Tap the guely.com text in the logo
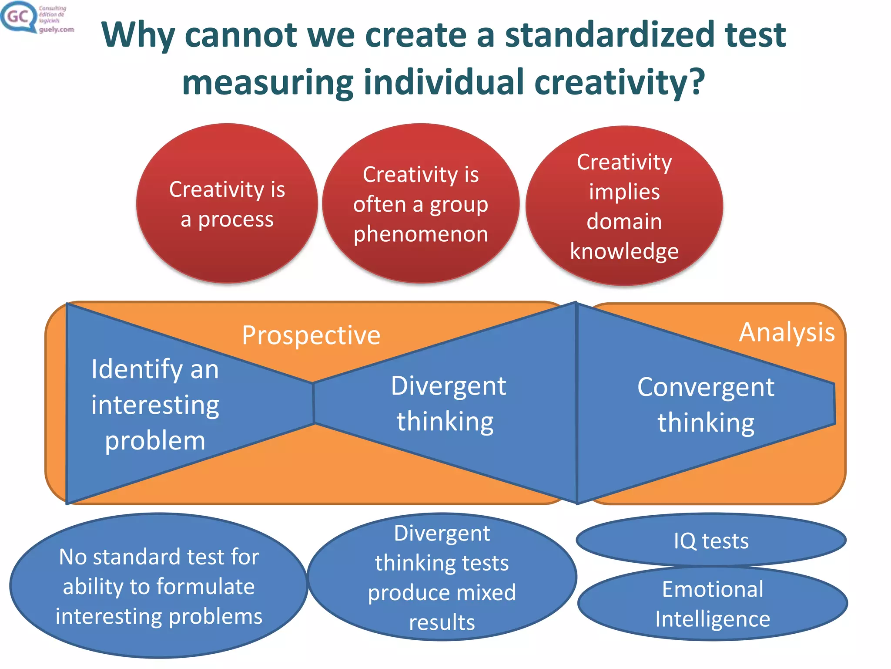(57, 30)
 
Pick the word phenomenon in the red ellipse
(421, 234)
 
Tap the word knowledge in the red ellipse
(624, 251)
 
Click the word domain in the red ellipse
(624, 221)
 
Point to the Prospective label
(311, 335)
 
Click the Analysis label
(787, 332)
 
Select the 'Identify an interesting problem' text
(155, 405)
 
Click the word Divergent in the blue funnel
(448, 386)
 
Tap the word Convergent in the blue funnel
(706, 387)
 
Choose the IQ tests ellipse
(711, 541)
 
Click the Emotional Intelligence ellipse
(712, 604)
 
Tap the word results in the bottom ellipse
(442, 622)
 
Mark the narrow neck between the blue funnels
(313, 403)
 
